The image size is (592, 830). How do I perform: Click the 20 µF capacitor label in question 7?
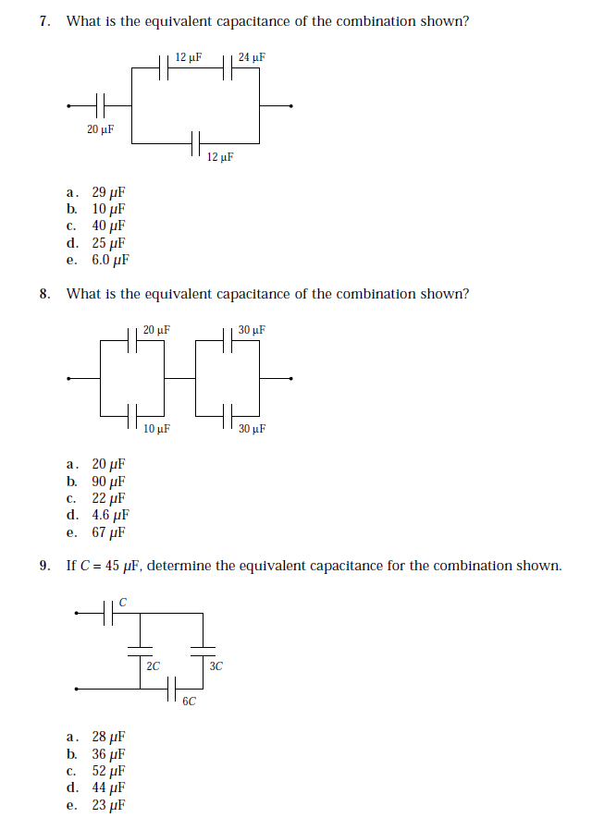(x=100, y=129)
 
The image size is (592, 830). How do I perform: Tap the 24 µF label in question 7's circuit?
(x=252, y=58)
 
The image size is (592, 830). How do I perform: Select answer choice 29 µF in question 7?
(x=107, y=193)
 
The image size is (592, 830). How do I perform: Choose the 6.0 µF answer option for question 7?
(x=109, y=260)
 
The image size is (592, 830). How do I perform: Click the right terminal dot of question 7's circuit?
(x=292, y=105)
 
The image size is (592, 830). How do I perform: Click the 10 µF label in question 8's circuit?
(x=156, y=429)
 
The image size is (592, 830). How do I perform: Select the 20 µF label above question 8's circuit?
(x=156, y=330)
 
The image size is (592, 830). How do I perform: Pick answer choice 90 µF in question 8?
(x=107, y=482)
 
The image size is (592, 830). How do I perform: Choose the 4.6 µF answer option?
(x=109, y=516)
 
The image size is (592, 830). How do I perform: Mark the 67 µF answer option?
(x=107, y=532)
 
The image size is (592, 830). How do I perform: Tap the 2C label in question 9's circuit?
(x=154, y=665)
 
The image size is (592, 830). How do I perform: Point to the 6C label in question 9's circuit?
(x=189, y=702)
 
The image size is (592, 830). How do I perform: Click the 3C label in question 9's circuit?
(x=216, y=665)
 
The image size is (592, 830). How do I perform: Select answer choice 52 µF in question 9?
(x=107, y=771)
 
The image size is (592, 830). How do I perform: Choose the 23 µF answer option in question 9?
(x=107, y=805)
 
